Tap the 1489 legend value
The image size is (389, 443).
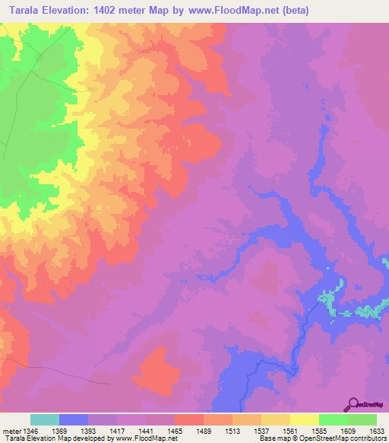point(204,431)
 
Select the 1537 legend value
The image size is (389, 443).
point(261,431)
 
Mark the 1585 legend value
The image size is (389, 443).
point(319,431)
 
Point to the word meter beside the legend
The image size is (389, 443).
point(10,431)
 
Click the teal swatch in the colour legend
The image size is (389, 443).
point(45,419)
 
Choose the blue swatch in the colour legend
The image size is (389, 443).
point(74,419)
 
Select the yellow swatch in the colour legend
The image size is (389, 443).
point(304,419)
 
